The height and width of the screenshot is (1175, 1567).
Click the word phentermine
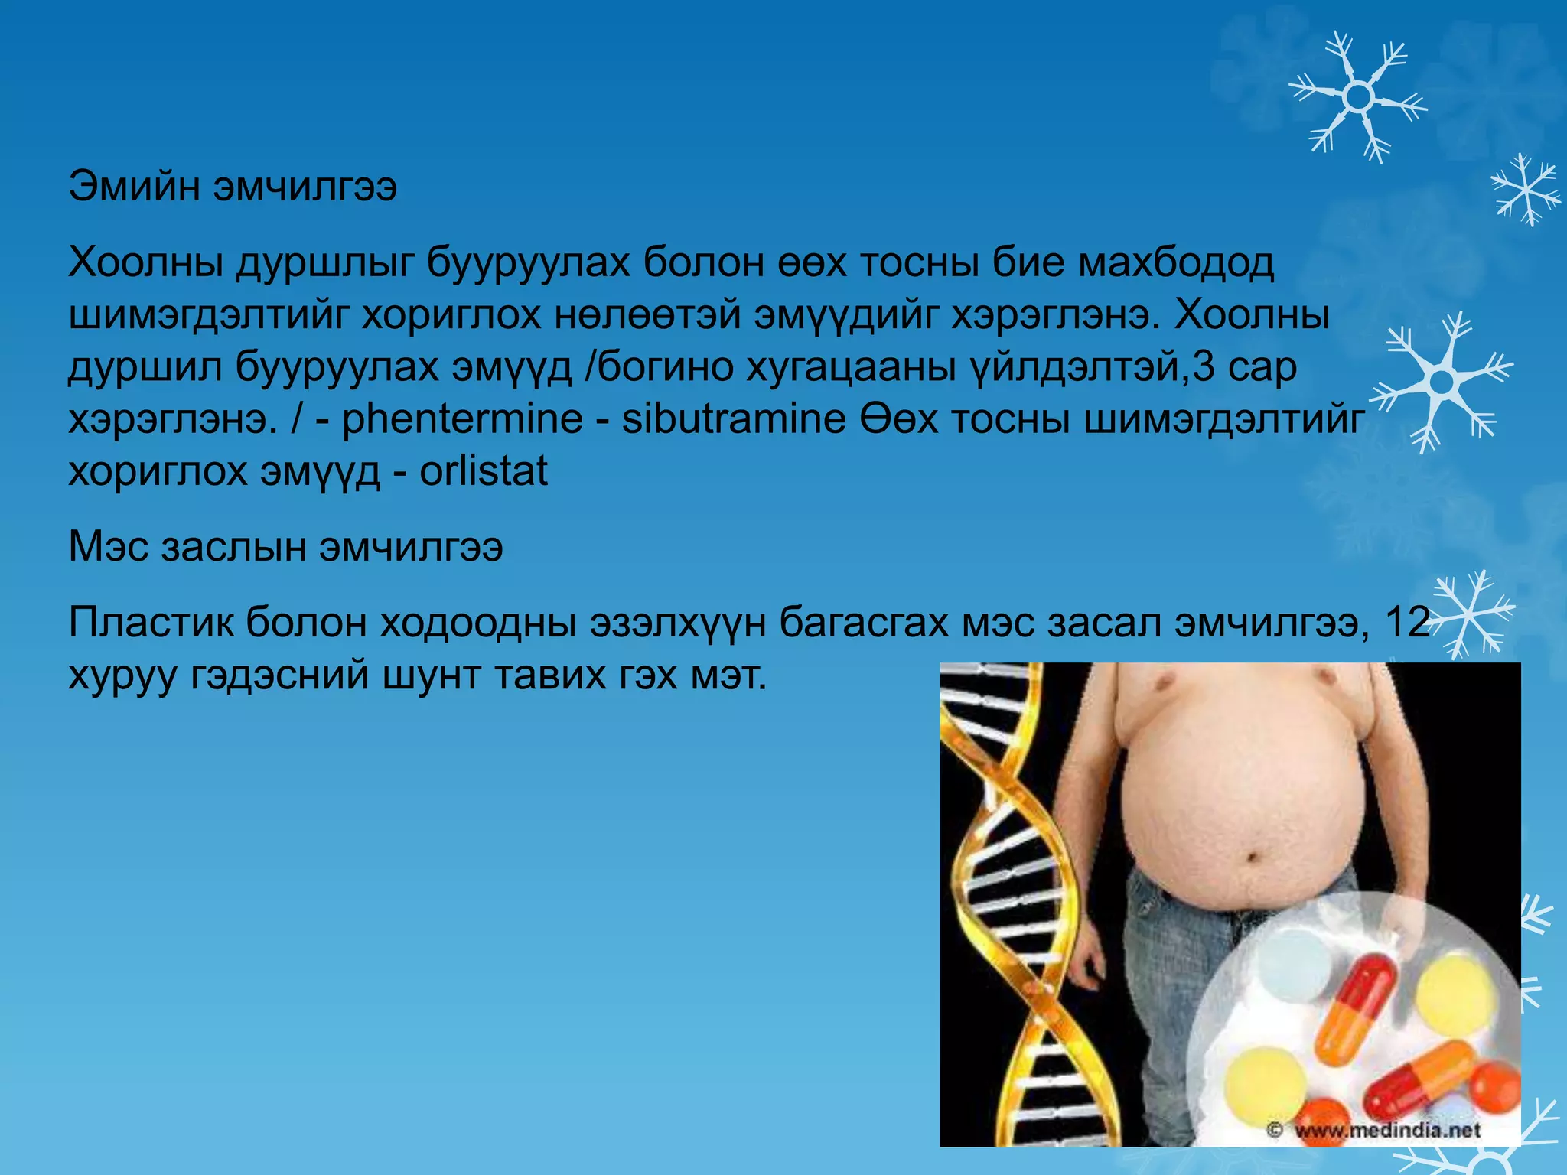461,420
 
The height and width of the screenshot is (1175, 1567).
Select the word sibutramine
733,420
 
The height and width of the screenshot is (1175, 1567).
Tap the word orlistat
483,471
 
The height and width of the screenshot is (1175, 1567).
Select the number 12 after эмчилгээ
1407,623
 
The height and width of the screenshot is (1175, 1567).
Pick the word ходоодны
478,623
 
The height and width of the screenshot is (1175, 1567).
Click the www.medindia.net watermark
1386,1129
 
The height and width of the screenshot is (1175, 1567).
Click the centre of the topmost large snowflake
1358,97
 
